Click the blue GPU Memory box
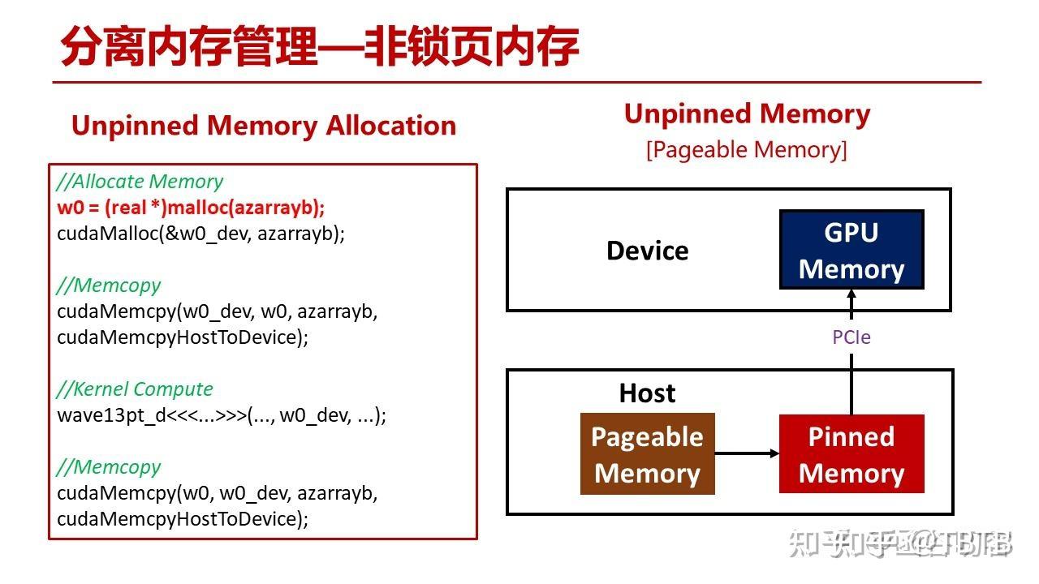[851, 250]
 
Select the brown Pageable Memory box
[647, 454]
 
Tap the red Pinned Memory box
[851, 454]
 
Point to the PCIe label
[851, 337]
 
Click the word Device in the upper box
[647, 251]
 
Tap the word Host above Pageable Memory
[647, 393]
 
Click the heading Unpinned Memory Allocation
[263, 126]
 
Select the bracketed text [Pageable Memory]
[746, 150]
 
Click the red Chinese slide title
[319, 46]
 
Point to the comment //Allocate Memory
[140, 182]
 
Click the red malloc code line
[191, 208]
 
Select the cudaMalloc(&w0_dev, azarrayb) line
[200, 234]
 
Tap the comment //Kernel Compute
[135, 389]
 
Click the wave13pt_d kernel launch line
[221, 415]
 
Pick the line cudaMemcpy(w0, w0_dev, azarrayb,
[217, 492]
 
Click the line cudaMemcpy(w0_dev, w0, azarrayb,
[217, 311]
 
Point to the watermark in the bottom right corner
[901, 544]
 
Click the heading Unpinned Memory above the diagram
[746, 114]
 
